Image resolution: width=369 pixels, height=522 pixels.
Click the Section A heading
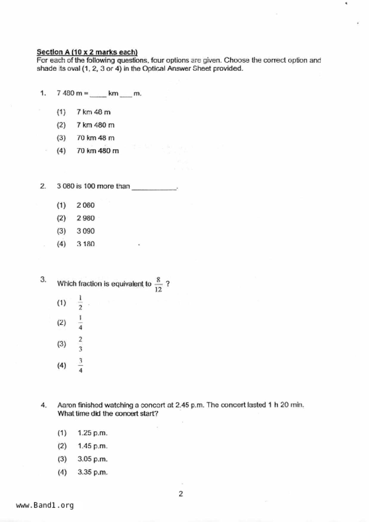(87, 52)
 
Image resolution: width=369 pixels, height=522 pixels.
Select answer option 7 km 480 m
(95, 125)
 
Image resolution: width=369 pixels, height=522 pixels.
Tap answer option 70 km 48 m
(95, 138)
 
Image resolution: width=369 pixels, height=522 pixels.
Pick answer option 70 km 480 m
(97, 151)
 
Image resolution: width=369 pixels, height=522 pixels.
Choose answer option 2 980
(85, 218)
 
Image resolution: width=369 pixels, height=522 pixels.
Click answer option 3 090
(85, 231)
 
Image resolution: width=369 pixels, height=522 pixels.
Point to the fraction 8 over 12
(158, 285)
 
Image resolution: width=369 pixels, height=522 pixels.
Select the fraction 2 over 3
(80, 344)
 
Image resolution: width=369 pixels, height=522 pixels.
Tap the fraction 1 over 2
(80, 303)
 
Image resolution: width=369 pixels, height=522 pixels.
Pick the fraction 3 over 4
(80, 365)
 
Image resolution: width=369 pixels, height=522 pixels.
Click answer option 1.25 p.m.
(92, 433)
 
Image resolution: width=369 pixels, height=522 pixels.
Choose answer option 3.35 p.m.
(92, 472)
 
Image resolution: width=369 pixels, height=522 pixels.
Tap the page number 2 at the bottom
(181, 494)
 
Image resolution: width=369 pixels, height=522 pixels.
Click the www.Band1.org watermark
(45, 505)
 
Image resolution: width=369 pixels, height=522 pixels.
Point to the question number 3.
(43, 279)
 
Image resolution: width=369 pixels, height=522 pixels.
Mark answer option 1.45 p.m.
(92, 446)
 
